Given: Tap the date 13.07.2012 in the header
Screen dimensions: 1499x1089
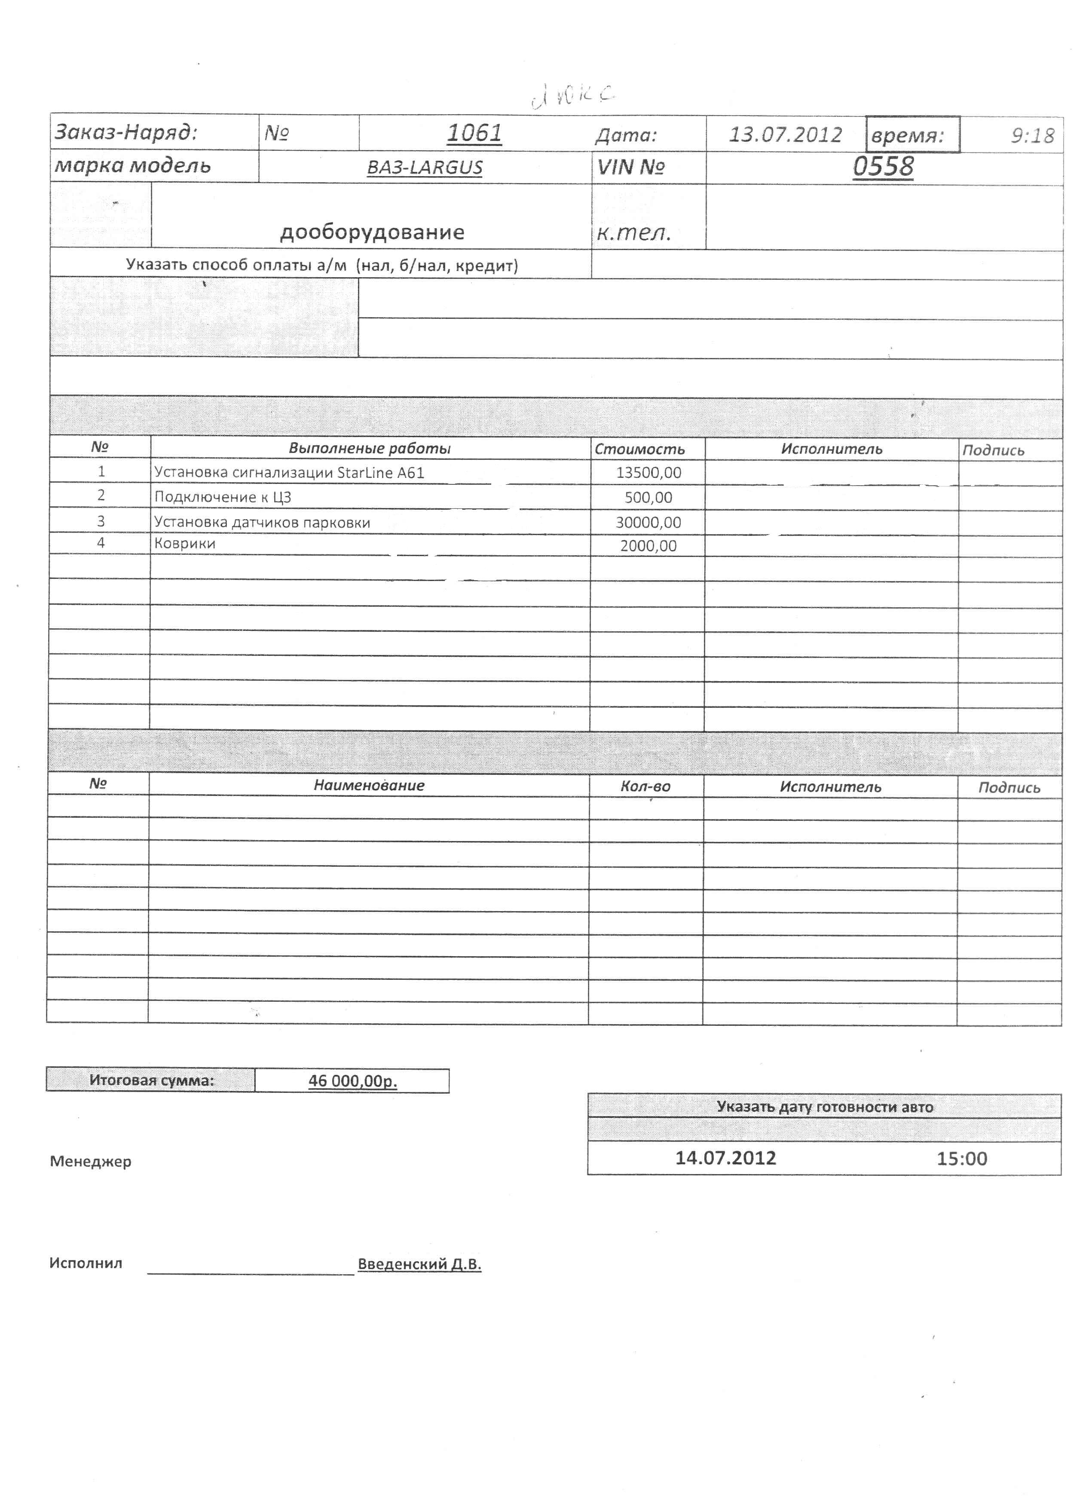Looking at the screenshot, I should [785, 135].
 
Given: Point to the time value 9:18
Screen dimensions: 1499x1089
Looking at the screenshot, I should [1032, 135].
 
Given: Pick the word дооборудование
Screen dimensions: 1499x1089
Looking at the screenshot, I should [372, 232].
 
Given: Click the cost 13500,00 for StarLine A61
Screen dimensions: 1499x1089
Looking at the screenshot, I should [648, 473].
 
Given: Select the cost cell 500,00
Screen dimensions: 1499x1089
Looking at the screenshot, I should [648, 497].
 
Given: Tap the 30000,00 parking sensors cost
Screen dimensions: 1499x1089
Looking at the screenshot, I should [648, 522].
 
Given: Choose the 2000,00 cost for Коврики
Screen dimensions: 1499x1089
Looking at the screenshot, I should [648, 546].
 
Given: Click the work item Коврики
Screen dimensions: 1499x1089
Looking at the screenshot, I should [185, 543].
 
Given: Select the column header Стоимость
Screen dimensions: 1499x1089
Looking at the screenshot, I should [639, 450].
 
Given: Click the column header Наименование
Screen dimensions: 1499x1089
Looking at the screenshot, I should [369, 785].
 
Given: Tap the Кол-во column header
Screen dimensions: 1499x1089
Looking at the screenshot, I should [645, 786].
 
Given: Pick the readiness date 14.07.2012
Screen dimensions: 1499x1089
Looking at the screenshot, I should [725, 1158].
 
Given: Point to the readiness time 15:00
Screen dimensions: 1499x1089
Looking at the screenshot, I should [961, 1159].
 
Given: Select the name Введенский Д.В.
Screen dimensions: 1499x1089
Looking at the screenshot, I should [419, 1264].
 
